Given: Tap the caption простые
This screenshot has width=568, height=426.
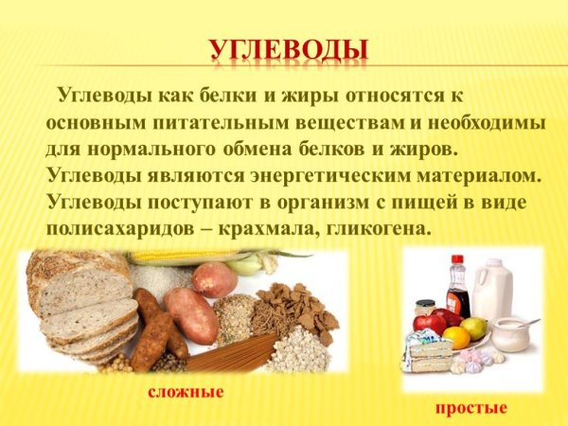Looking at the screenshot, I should pyautogui.click(x=470, y=408).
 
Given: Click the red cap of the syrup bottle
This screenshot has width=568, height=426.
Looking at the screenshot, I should pyautogui.click(x=457, y=258).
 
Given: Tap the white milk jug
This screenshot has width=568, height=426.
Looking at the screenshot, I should pyautogui.click(x=492, y=289).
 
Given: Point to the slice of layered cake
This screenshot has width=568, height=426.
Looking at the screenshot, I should pyautogui.click(x=431, y=355).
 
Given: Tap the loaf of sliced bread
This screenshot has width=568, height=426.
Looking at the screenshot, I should pyautogui.click(x=80, y=303).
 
